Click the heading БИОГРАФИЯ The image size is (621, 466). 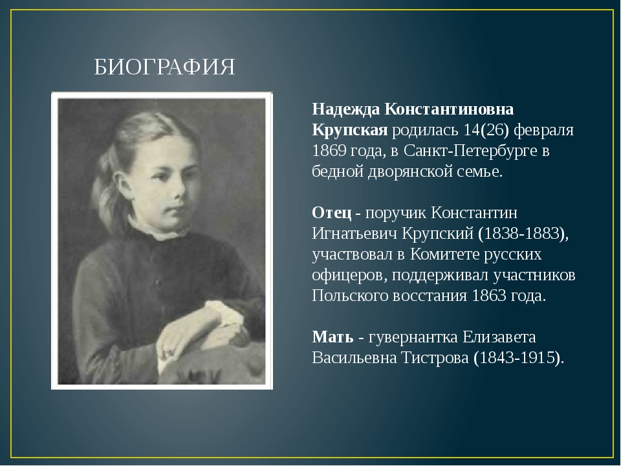[165, 66]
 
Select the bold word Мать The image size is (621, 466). [332, 337]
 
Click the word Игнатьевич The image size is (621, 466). [350, 234]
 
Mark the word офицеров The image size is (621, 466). [348, 275]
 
